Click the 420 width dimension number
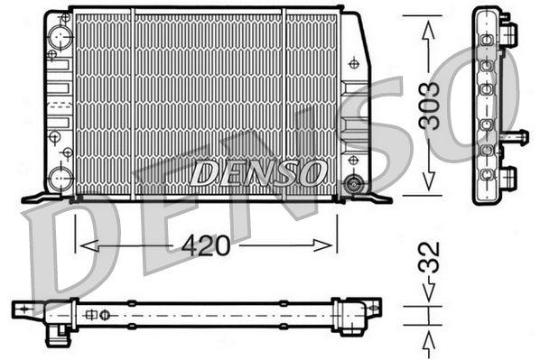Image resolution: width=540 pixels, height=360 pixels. point(206,245)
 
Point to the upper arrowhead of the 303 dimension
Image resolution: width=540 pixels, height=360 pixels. point(428,27)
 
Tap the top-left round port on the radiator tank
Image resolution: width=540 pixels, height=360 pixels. point(61,36)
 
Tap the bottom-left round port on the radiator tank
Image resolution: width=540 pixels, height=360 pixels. point(61,176)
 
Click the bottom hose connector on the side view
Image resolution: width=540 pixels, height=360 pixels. point(509,176)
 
